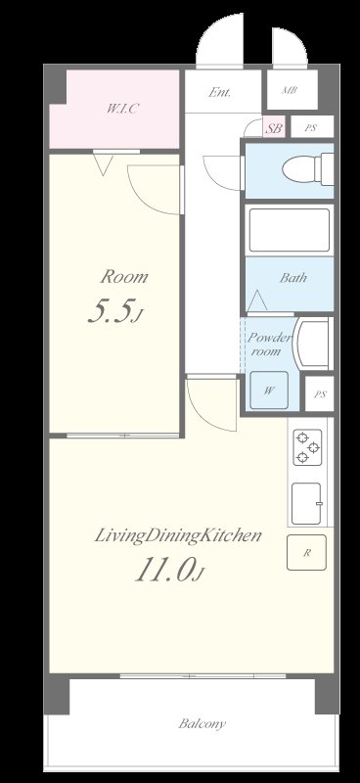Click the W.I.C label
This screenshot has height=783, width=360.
[121, 109]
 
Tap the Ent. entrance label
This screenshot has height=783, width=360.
[220, 92]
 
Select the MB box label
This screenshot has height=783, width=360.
[290, 90]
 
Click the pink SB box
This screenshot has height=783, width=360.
[274, 128]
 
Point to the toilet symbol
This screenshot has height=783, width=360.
[308, 169]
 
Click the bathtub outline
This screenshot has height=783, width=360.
[290, 230]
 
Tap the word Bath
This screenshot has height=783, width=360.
[293, 278]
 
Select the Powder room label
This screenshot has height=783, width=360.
[269, 345]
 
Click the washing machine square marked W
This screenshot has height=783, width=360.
[269, 391]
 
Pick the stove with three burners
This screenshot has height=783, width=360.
[307, 447]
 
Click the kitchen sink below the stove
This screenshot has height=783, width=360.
[306, 503]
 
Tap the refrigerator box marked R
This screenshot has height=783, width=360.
[306, 552]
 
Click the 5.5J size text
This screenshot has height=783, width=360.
[115, 312]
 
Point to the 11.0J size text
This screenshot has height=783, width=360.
[170, 571]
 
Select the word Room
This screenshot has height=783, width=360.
[124, 277]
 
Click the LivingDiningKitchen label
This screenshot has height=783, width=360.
[178, 535]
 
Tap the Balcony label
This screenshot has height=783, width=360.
[202, 723]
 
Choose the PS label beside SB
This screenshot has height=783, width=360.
[311, 128]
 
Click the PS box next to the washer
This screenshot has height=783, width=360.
[320, 394]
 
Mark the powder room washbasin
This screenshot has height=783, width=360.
[313, 344]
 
